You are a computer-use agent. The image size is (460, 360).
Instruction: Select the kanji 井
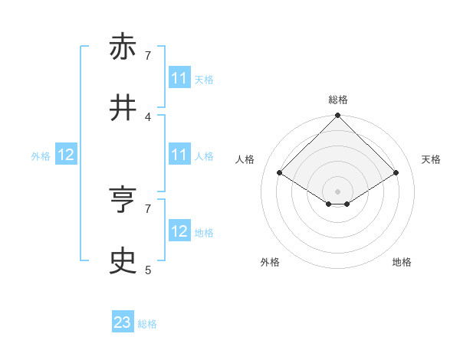click(x=123, y=109)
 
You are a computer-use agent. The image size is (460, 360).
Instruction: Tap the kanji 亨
click(x=123, y=201)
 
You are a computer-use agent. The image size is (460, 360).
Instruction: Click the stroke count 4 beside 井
click(x=148, y=116)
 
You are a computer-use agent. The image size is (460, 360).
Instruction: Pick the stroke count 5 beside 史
click(x=148, y=270)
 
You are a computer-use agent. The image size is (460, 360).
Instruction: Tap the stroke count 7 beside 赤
click(x=148, y=55)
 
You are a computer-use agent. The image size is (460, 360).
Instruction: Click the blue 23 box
click(x=123, y=322)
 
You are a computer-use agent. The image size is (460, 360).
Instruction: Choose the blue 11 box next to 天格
click(x=179, y=78)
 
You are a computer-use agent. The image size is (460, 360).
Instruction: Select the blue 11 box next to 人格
click(x=179, y=155)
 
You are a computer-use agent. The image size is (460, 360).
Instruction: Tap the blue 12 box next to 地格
click(x=179, y=231)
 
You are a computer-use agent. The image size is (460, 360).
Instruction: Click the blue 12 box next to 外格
click(x=66, y=155)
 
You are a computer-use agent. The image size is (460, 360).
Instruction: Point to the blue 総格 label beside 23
click(x=147, y=323)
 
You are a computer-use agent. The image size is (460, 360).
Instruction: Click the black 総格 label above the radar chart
click(x=338, y=100)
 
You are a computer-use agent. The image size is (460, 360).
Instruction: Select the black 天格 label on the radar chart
click(x=432, y=159)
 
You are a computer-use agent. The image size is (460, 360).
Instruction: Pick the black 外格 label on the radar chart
click(x=270, y=262)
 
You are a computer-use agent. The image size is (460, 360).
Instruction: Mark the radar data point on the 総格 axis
click(x=338, y=117)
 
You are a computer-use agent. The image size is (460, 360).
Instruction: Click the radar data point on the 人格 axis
click(x=280, y=173)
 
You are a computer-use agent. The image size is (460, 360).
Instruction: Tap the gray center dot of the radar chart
click(x=338, y=191)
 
